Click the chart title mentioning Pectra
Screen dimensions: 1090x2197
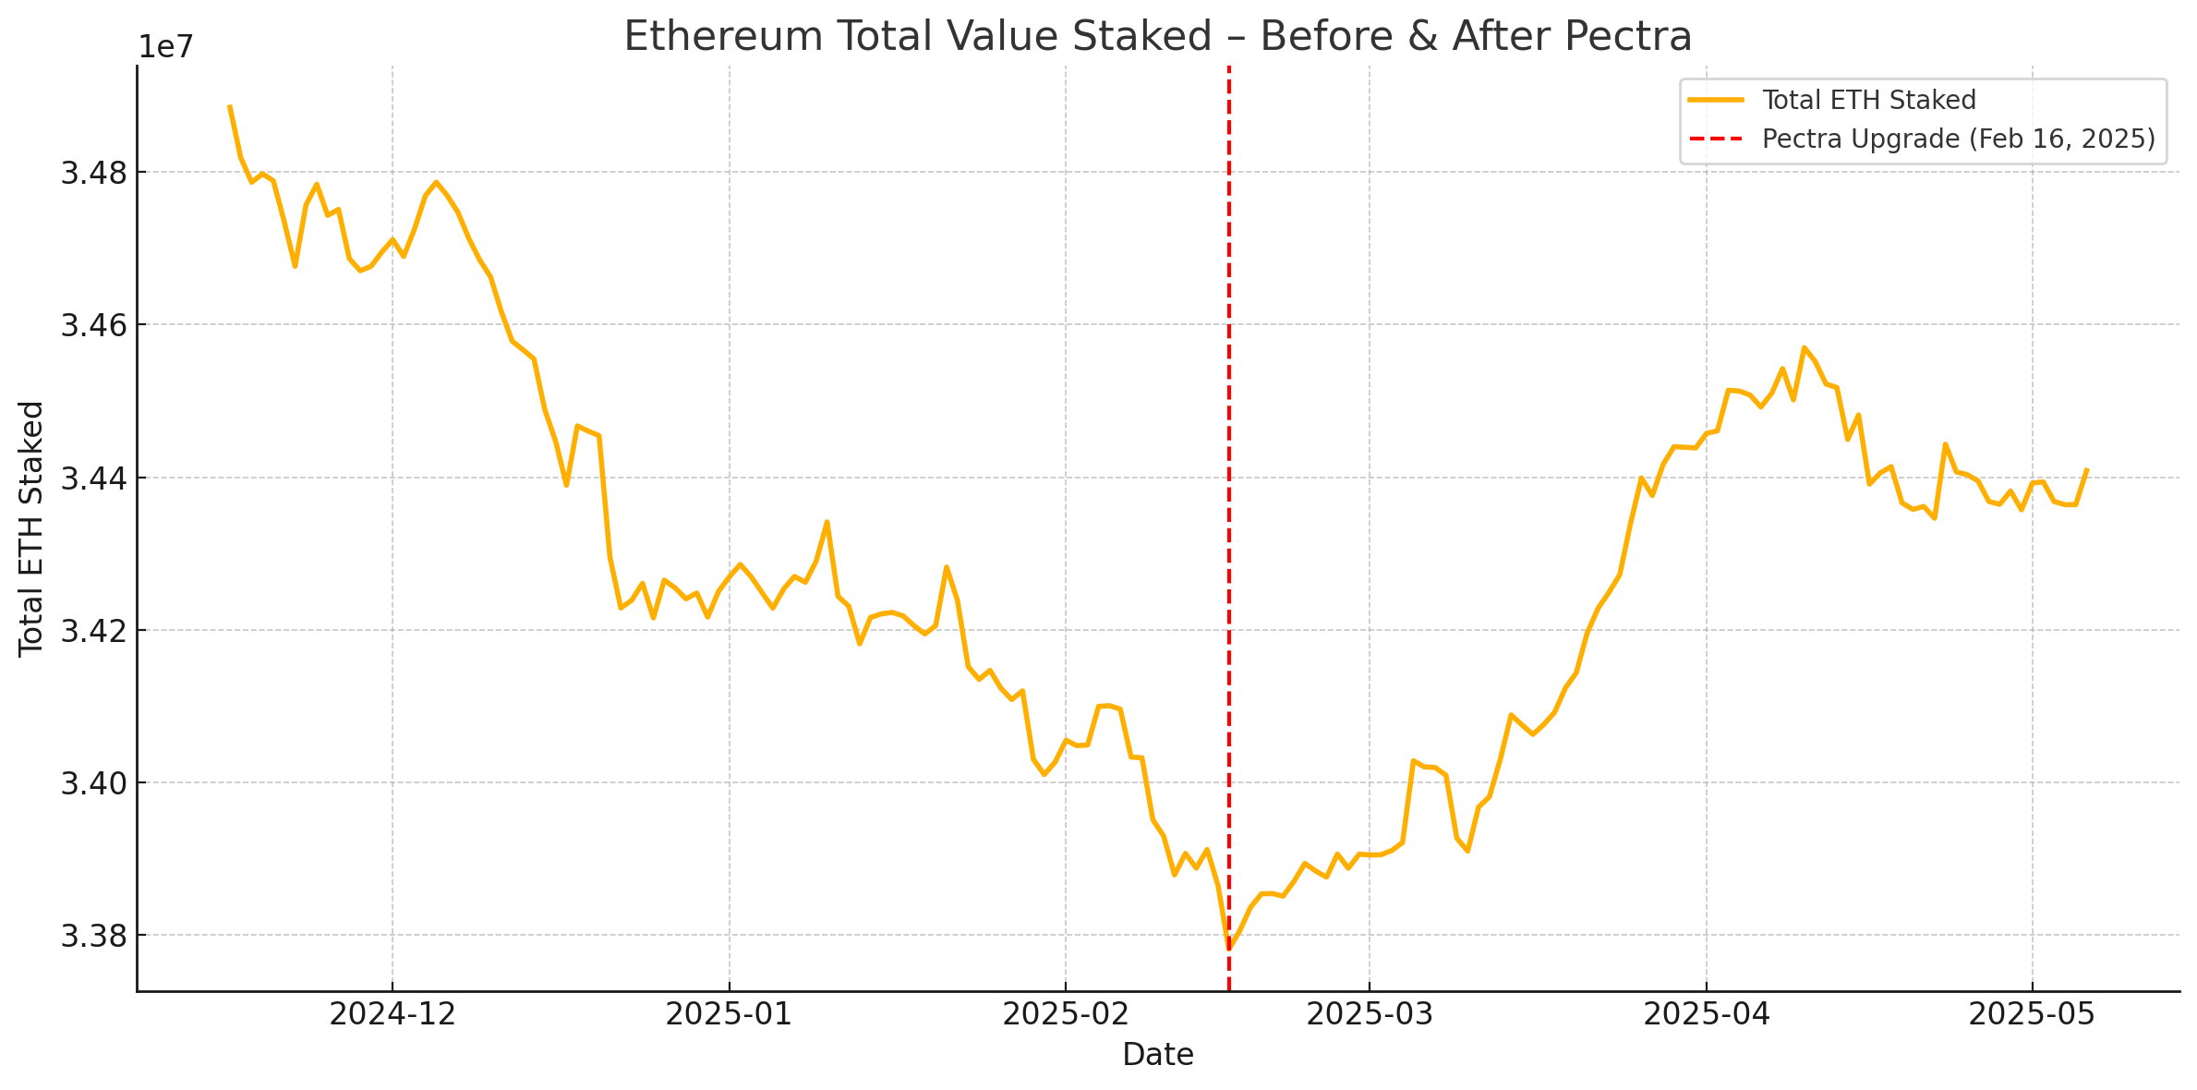(1157, 37)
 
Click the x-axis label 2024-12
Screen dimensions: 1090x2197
(392, 1014)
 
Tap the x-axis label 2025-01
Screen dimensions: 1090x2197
(729, 1014)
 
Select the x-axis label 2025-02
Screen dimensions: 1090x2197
(1066, 1014)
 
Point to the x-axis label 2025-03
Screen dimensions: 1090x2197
(1369, 1014)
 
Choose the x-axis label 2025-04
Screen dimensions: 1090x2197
(1706, 1014)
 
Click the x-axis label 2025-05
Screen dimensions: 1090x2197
(2032, 1014)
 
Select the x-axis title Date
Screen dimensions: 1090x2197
(1157, 1055)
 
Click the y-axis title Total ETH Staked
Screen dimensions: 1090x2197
(32, 528)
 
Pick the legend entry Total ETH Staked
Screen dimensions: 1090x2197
(1868, 100)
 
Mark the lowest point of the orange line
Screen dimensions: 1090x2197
(1229, 949)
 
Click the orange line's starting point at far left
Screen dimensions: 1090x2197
(229, 106)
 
